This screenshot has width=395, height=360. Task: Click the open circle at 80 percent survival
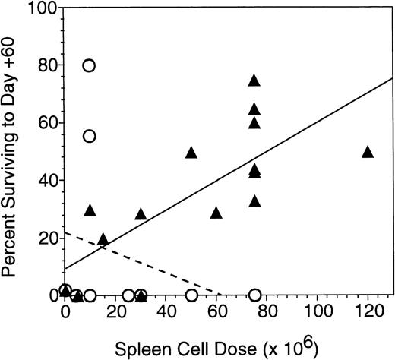[x=90, y=66]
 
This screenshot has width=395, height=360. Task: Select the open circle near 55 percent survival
[x=90, y=136]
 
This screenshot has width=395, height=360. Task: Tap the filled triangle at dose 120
[x=368, y=152]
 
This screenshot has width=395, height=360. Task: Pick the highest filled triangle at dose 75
[x=254, y=81]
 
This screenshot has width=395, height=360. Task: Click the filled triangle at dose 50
[x=191, y=153]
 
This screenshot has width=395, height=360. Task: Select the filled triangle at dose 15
[x=103, y=239]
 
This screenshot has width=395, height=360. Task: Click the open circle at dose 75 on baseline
[x=254, y=295]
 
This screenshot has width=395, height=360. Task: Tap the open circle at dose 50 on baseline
[x=191, y=295]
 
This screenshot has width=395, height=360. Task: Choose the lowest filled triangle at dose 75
[x=254, y=201]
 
